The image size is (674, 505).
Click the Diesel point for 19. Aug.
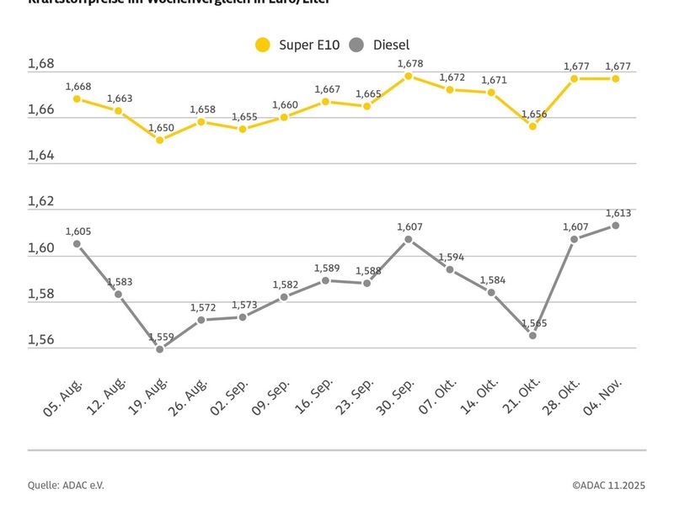(x=159, y=348)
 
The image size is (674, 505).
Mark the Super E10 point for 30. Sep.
(x=409, y=76)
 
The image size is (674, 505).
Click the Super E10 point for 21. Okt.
(x=532, y=126)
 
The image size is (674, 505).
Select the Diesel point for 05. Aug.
(x=77, y=244)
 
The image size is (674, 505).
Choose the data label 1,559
(x=161, y=337)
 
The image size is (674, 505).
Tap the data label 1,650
(x=160, y=127)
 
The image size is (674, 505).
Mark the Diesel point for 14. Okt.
(x=491, y=292)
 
